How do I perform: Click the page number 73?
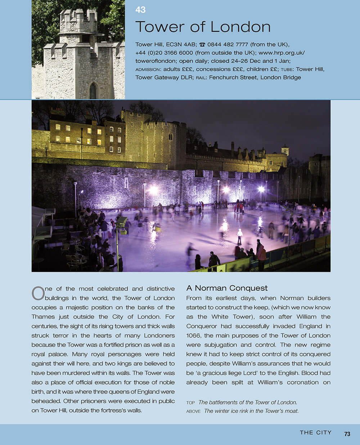(x=347, y=434)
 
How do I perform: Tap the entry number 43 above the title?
(x=140, y=10)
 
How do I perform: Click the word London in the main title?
(x=240, y=27)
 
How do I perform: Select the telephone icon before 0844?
(x=202, y=45)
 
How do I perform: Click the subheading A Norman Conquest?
(x=227, y=288)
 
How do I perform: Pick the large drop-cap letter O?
(x=38, y=293)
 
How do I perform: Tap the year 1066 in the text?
(x=193, y=336)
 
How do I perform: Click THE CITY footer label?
(x=316, y=433)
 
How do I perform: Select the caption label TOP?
(x=190, y=403)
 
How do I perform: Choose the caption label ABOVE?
(x=193, y=411)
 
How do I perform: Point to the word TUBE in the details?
(x=287, y=69)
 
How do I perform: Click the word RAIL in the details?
(x=201, y=78)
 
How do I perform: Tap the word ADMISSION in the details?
(x=148, y=69)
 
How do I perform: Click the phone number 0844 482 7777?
(x=228, y=45)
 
